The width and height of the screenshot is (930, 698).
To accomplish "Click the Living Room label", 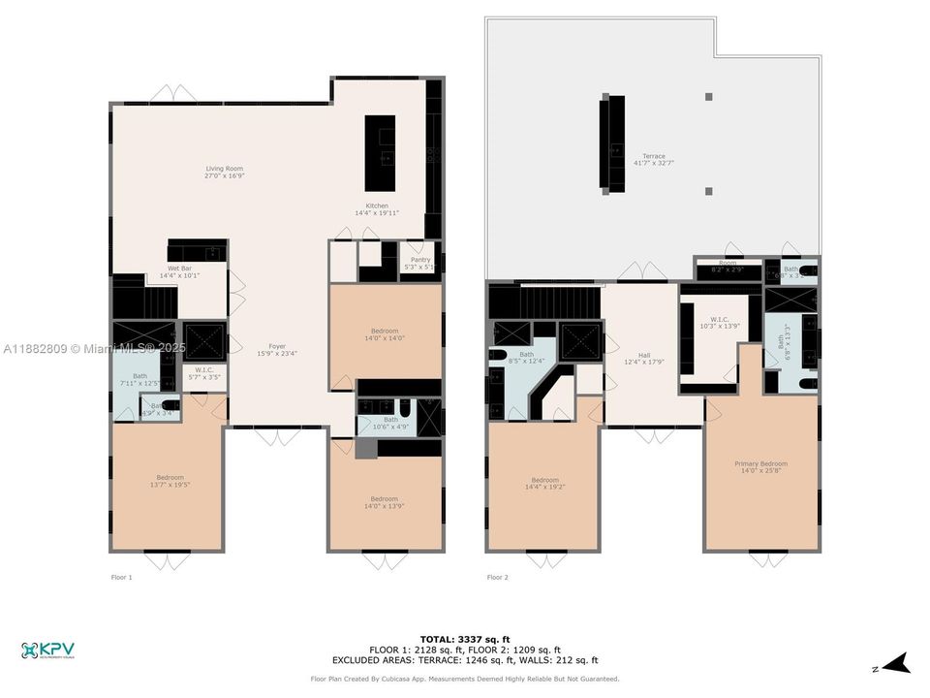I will [224, 173].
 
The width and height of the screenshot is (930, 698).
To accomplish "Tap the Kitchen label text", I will [377, 208].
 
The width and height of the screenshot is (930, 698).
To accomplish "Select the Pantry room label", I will [419, 263].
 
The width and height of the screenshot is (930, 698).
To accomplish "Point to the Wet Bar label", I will [179, 271].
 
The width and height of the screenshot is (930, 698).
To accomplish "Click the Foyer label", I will [277, 349].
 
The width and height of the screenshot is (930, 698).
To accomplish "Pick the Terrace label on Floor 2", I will [654, 159].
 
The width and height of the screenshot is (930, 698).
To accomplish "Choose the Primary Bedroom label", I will [760, 467].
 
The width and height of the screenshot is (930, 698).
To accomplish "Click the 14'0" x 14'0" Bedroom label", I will [385, 334].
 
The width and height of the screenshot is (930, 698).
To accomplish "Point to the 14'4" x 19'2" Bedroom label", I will [544, 483].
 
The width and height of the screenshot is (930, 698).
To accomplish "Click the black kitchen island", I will [380, 153].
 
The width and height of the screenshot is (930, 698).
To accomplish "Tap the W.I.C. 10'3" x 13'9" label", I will [719, 323].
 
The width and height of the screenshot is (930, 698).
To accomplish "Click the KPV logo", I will [47, 650].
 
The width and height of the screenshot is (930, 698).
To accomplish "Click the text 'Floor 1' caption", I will [121, 577].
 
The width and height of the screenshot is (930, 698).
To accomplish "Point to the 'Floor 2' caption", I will [498, 577].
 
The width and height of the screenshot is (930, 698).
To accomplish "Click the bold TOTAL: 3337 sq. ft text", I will [464, 639].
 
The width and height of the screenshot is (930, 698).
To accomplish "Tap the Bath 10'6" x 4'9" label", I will [390, 423].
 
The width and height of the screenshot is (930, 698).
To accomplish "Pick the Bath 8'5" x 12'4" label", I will [526, 358].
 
